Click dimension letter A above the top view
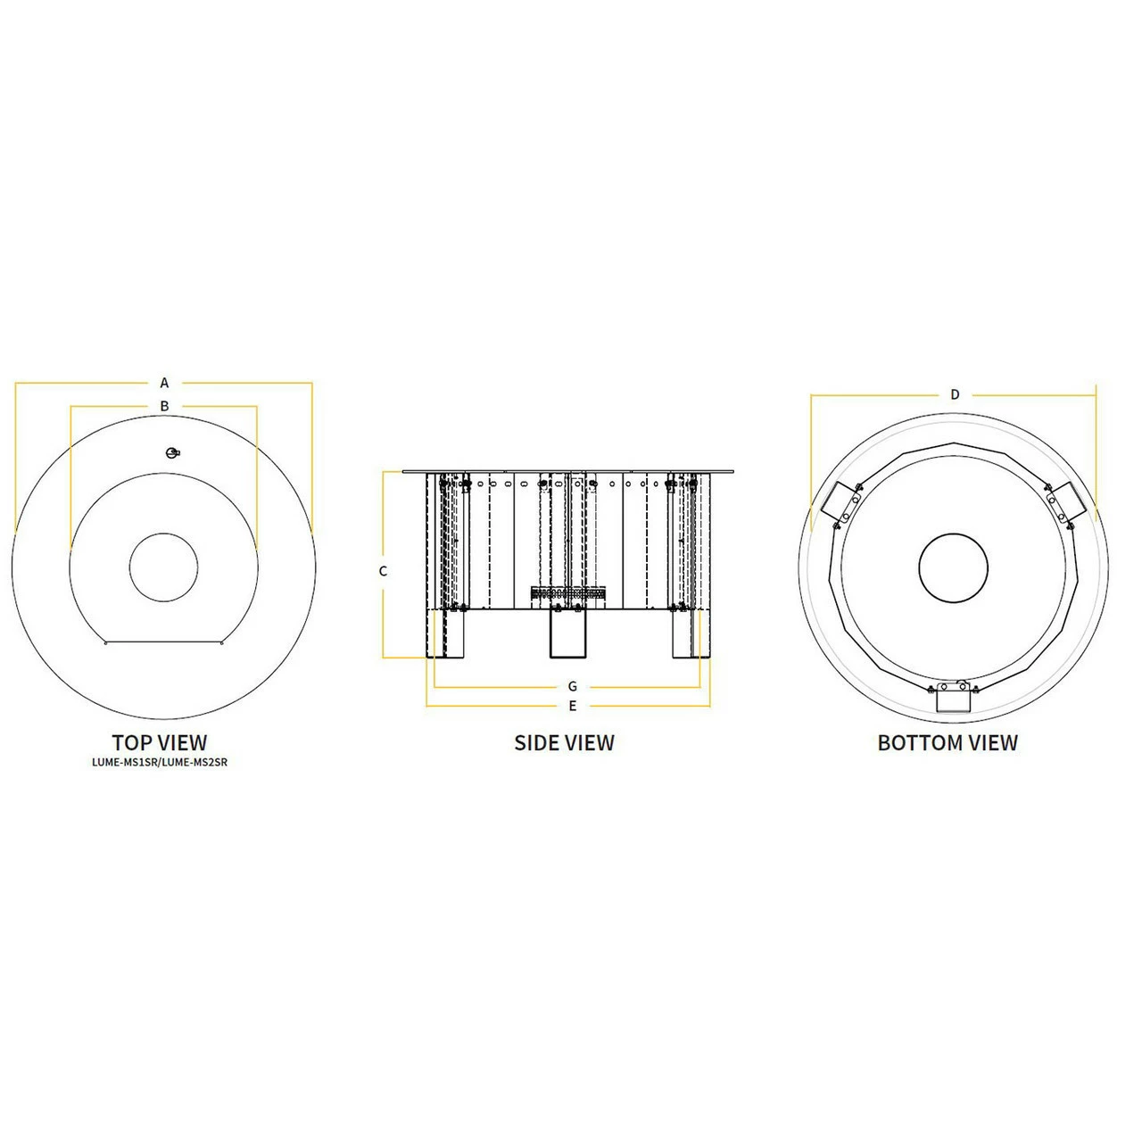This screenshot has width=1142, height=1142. [164, 383]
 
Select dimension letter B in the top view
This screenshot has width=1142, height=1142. [164, 406]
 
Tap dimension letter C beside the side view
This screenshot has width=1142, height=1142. [384, 571]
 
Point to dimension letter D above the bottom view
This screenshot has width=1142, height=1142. [955, 394]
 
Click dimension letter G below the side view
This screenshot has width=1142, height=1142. [573, 686]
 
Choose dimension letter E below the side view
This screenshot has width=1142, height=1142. [573, 706]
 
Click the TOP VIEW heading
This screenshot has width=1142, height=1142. [159, 742]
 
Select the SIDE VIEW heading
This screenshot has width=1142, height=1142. [564, 742]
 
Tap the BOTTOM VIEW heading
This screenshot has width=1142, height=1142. [948, 742]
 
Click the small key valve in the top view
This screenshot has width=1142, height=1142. [172, 452]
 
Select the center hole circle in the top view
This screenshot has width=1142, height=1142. [164, 567]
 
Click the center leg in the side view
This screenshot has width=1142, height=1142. [567, 634]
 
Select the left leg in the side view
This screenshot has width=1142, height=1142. [449, 634]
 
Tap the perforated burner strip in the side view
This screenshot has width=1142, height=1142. [567, 592]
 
